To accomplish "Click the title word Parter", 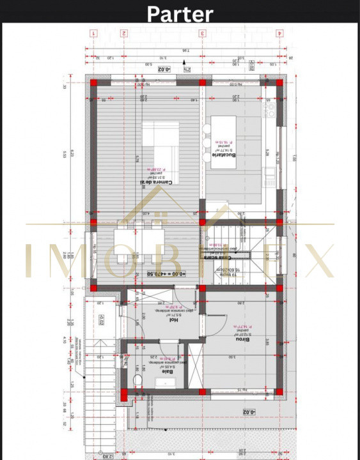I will click(x=180, y=13).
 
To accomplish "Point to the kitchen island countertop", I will click(x=221, y=138).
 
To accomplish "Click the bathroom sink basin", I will click(x=169, y=383).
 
